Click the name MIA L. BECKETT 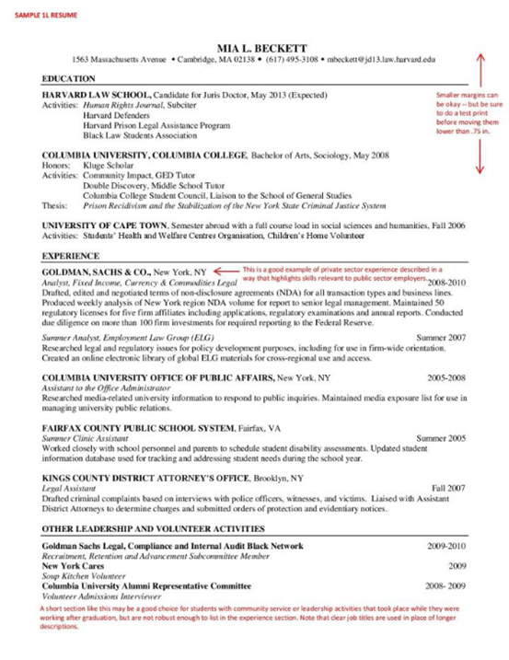[257, 48]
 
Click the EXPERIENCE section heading [70, 255]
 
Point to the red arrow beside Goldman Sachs [224, 272]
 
